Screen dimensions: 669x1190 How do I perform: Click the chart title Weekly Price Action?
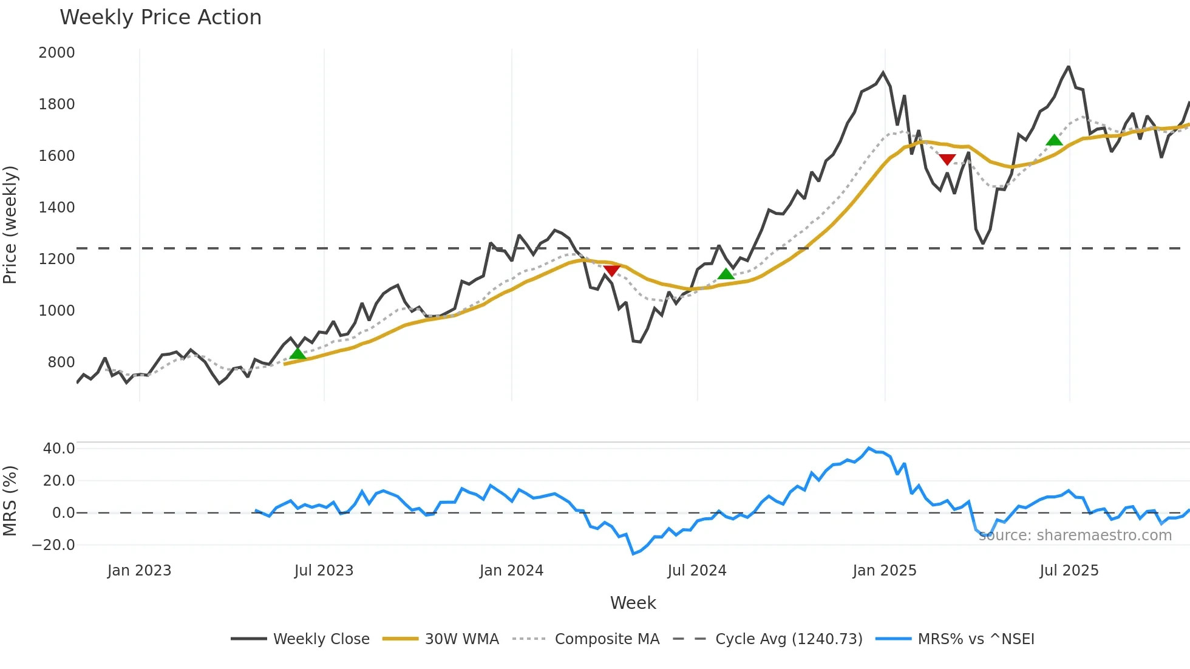click(x=160, y=18)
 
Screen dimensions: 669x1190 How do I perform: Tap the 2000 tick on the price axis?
click(x=56, y=53)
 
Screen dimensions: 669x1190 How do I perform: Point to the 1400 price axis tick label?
click(x=56, y=208)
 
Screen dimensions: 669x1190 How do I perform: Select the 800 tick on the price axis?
click(x=61, y=362)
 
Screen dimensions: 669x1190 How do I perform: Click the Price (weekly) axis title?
click(x=10, y=225)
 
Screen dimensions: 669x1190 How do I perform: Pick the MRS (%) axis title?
click(x=10, y=501)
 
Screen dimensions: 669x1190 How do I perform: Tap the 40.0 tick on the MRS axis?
click(x=59, y=449)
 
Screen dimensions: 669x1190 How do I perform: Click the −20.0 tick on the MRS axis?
click(x=53, y=545)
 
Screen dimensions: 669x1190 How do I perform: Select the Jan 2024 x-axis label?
click(x=511, y=571)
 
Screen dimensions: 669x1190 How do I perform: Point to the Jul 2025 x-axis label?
click(x=1069, y=571)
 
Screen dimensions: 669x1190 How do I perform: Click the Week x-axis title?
click(x=633, y=603)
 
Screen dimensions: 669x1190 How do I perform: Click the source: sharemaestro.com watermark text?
click(x=1075, y=535)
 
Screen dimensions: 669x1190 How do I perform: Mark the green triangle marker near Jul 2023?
click(x=297, y=353)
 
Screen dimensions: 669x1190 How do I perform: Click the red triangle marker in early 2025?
click(x=947, y=160)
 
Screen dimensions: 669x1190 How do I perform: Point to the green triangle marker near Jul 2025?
click(x=1055, y=140)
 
